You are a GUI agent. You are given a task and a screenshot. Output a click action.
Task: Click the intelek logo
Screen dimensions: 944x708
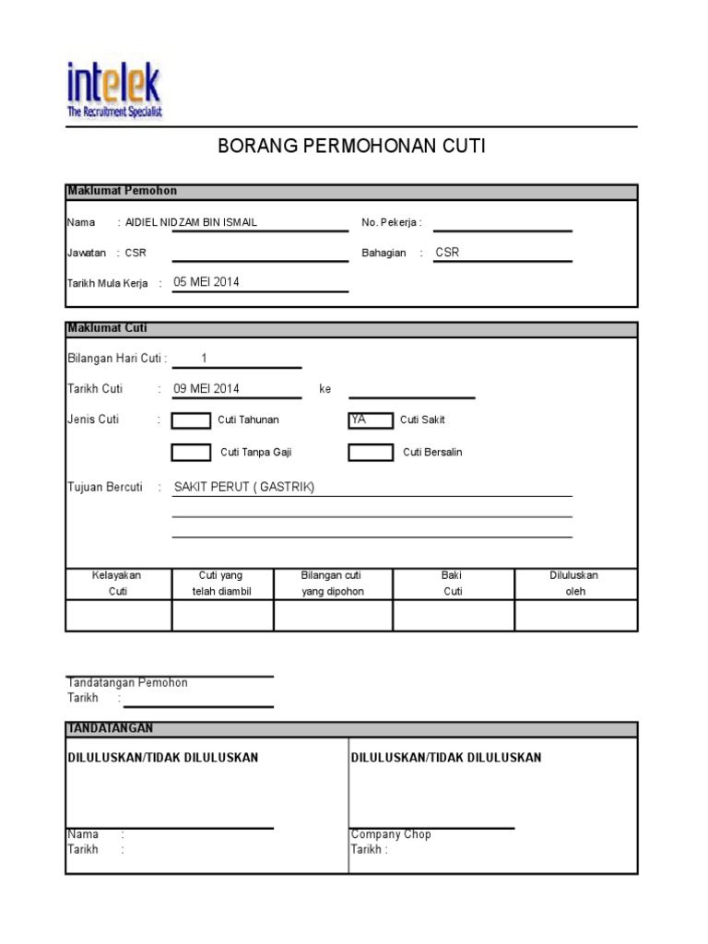coord(114,89)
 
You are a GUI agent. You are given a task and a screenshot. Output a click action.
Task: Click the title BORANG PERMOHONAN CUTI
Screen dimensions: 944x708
coord(351,146)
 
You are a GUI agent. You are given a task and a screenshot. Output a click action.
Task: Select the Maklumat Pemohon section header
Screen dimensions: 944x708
coord(122,191)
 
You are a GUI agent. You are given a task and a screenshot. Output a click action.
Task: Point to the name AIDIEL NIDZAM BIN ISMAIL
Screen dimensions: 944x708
coord(191,223)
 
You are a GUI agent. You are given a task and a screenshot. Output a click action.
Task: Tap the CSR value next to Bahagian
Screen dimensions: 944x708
coord(447,253)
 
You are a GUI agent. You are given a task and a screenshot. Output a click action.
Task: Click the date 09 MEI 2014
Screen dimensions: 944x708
coord(206,389)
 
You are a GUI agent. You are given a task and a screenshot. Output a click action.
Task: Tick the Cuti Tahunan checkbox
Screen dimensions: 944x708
coord(191,420)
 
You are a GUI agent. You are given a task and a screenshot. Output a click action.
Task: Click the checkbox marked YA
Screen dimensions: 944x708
coord(370,420)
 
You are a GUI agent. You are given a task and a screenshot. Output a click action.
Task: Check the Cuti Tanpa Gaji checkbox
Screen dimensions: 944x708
coord(191,453)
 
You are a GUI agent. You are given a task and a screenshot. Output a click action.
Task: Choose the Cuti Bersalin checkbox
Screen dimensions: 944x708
coord(370,453)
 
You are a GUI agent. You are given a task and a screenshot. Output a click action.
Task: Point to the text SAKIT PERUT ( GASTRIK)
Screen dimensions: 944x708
coord(243,488)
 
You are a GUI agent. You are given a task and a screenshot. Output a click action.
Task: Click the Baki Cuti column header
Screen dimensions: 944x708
coord(453,584)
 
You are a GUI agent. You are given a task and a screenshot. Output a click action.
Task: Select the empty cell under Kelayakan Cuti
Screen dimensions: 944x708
coord(118,615)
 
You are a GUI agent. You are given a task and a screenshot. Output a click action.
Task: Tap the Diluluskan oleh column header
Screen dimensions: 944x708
coord(574,584)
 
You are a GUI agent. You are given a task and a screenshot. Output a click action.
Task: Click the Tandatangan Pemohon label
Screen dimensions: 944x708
coord(127,683)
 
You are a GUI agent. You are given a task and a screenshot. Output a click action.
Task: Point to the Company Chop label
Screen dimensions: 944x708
coord(391,834)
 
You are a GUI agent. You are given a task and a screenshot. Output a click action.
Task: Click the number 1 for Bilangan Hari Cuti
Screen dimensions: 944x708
coord(204,359)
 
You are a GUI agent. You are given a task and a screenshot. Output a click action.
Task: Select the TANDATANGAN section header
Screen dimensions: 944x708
coord(110,728)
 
